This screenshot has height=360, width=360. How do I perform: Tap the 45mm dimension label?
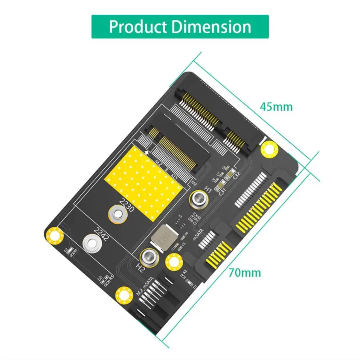[276, 107]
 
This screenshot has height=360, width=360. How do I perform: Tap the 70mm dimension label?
[245, 273]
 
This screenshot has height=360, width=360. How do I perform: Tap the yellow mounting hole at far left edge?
[55, 236]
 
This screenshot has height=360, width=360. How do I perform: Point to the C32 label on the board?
[236, 175]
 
